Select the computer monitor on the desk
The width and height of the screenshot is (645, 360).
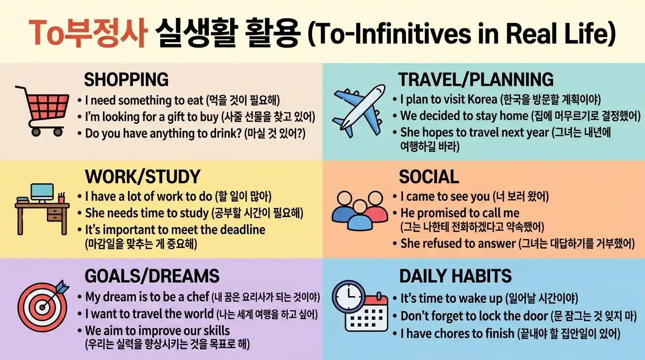[42, 192]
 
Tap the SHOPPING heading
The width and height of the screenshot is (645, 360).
[126, 80]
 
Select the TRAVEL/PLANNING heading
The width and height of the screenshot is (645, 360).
[476, 80]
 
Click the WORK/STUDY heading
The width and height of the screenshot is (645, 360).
[142, 177]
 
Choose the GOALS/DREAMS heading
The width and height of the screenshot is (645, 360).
[152, 276]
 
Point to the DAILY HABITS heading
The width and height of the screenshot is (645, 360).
[455, 276]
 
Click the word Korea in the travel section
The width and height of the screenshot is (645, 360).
[481, 100]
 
